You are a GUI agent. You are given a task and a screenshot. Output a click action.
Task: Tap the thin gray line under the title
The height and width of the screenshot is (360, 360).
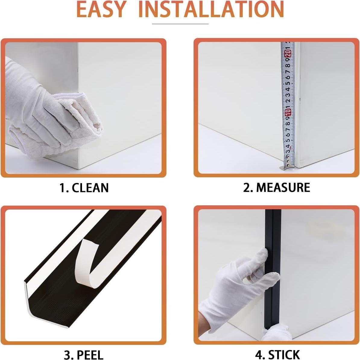click(180, 24)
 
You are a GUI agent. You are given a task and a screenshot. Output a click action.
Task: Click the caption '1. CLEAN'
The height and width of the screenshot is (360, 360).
click(84, 188)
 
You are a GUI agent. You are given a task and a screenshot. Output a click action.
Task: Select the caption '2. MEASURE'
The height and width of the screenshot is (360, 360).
click(276, 188)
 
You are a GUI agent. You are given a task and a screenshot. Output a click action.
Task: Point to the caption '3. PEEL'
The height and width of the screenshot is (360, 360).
click(84, 354)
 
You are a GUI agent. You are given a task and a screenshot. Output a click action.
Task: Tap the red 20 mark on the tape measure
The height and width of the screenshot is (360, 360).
click(288, 54)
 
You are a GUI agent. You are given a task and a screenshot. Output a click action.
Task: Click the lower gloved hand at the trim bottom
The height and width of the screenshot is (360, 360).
click(276, 333)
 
